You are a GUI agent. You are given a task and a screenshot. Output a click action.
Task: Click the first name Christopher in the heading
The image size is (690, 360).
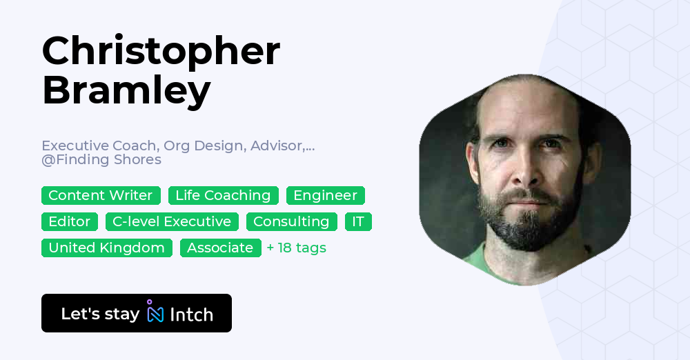click(x=161, y=51)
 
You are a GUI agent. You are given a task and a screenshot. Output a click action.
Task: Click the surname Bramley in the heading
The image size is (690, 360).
click(x=126, y=90)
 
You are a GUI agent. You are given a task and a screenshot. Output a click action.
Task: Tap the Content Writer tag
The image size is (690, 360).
click(x=101, y=196)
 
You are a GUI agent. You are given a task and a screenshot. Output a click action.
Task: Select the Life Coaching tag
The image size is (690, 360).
click(x=223, y=196)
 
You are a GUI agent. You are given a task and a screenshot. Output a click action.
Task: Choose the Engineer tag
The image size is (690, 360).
click(x=325, y=196)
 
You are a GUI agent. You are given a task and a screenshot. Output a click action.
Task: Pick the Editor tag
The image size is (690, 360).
click(x=70, y=221)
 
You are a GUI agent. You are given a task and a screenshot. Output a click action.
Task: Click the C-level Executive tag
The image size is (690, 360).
click(x=172, y=221)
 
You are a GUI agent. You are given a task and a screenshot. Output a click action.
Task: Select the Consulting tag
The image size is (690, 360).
click(x=291, y=221)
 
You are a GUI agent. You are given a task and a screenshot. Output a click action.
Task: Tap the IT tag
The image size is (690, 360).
click(x=358, y=221)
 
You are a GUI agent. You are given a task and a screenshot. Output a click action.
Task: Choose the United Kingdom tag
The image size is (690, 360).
click(x=107, y=248)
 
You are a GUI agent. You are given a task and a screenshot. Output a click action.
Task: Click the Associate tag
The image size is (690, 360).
click(x=220, y=248)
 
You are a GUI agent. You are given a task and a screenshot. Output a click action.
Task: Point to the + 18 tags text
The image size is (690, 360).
click(x=297, y=248)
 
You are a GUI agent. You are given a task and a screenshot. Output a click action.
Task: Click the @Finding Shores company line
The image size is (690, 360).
click(x=101, y=160)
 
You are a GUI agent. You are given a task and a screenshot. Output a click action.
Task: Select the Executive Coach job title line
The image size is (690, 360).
click(x=178, y=146)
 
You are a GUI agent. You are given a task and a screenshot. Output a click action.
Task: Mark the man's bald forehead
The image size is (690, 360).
click(x=524, y=110)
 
